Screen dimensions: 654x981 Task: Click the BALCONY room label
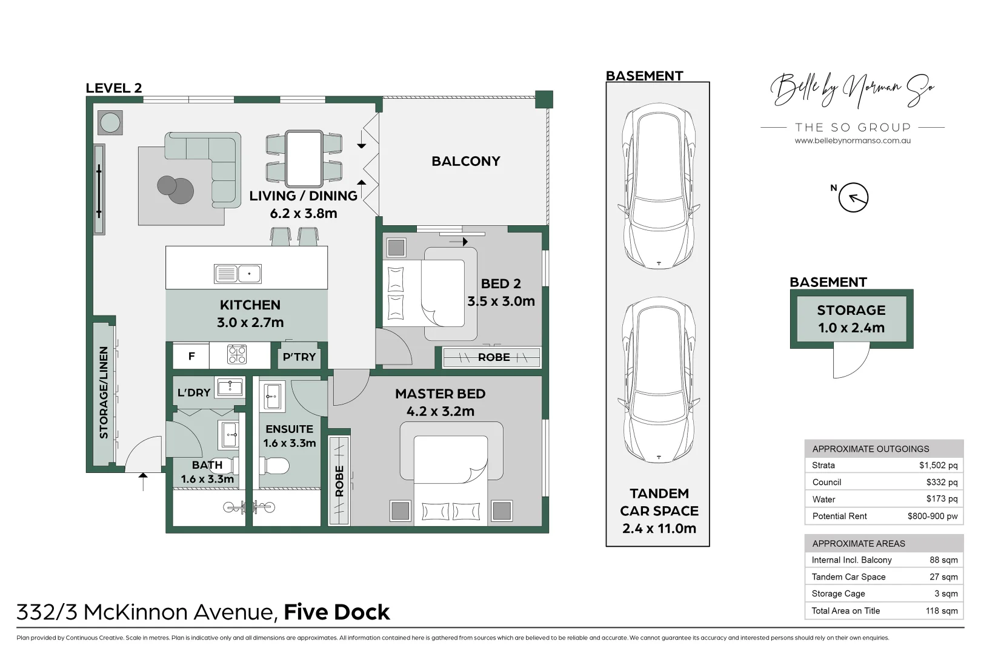click(465, 161)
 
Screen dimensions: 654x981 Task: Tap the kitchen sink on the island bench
click(238, 274)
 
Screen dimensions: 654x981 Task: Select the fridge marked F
click(191, 356)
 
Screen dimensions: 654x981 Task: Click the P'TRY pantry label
click(299, 357)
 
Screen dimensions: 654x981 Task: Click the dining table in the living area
click(304, 159)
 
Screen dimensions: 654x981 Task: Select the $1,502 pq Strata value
click(937, 465)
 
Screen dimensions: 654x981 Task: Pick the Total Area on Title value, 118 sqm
click(941, 610)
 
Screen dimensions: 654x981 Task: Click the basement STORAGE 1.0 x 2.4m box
click(851, 319)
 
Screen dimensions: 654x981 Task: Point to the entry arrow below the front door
click(143, 481)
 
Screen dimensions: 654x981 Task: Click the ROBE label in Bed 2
click(493, 357)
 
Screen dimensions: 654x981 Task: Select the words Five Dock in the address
click(336, 612)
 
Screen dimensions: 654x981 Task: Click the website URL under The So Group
click(852, 140)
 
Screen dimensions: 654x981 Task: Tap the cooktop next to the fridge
click(237, 354)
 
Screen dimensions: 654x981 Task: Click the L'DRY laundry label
click(194, 392)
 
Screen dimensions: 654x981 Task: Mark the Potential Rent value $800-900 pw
click(932, 516)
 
